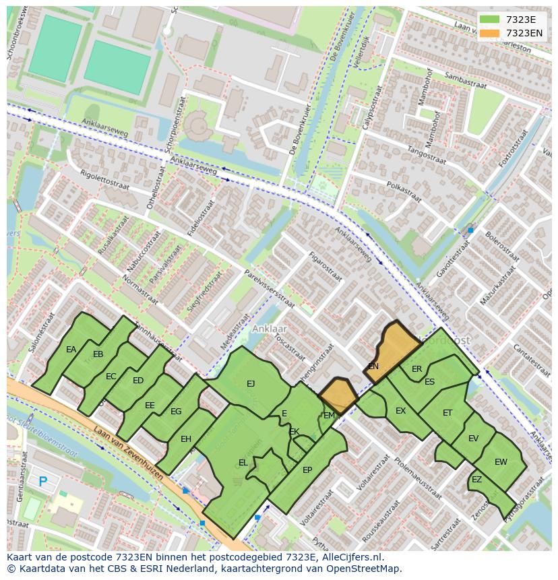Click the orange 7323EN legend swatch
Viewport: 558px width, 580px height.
pos(491,33)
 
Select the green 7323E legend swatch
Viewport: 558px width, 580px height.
pos(491,20)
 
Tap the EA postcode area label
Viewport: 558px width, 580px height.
pos(71,350)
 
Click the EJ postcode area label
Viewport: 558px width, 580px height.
pos(251,384)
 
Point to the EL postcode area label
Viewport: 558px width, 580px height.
pos(243,463)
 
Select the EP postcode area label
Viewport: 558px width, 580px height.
pos(307,470)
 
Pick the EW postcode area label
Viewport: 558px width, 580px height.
pos(501,462)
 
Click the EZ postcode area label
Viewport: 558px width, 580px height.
pos(476,480)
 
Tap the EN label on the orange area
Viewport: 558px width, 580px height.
pos(373,366)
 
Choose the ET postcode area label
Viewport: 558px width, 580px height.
pos(447,413)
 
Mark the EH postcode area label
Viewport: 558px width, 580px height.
pos(186,439)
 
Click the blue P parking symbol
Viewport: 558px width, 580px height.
pos(43,482)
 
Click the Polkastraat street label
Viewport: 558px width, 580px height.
pos(404,192)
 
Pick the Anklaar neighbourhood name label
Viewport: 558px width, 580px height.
pos(270,329)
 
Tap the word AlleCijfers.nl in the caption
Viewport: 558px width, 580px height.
pos(350,557)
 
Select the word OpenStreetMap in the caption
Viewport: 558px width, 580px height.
pos(365,569)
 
